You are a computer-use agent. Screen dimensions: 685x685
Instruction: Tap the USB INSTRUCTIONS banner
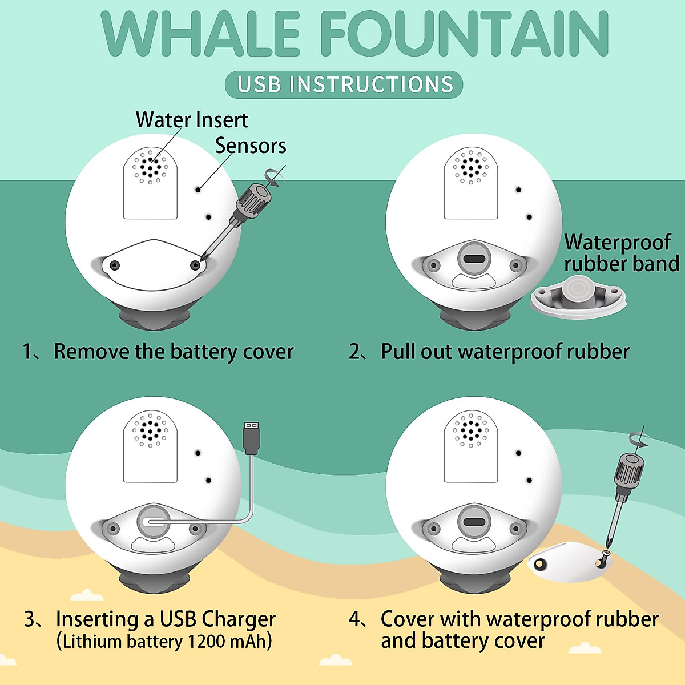[344, 84]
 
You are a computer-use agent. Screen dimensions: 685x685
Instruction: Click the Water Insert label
[192, 120]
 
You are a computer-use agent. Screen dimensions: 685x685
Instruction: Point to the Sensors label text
[251, 146]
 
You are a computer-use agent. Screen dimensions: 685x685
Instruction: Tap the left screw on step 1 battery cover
[115, 265]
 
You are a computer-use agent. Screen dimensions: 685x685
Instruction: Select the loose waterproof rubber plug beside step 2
[578, 294]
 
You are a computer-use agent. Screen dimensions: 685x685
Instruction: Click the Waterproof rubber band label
[620, 253]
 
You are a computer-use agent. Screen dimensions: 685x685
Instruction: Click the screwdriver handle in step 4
[628, 472]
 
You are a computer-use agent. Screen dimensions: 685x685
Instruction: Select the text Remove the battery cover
[174, 352]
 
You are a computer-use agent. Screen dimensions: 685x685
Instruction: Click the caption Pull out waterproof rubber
[505, 352]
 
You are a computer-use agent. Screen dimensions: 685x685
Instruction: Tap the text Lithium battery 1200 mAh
[164, 642]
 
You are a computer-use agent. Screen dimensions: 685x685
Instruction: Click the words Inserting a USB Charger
[166, 619]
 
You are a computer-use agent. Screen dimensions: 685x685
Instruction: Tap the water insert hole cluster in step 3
[150, 429]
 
